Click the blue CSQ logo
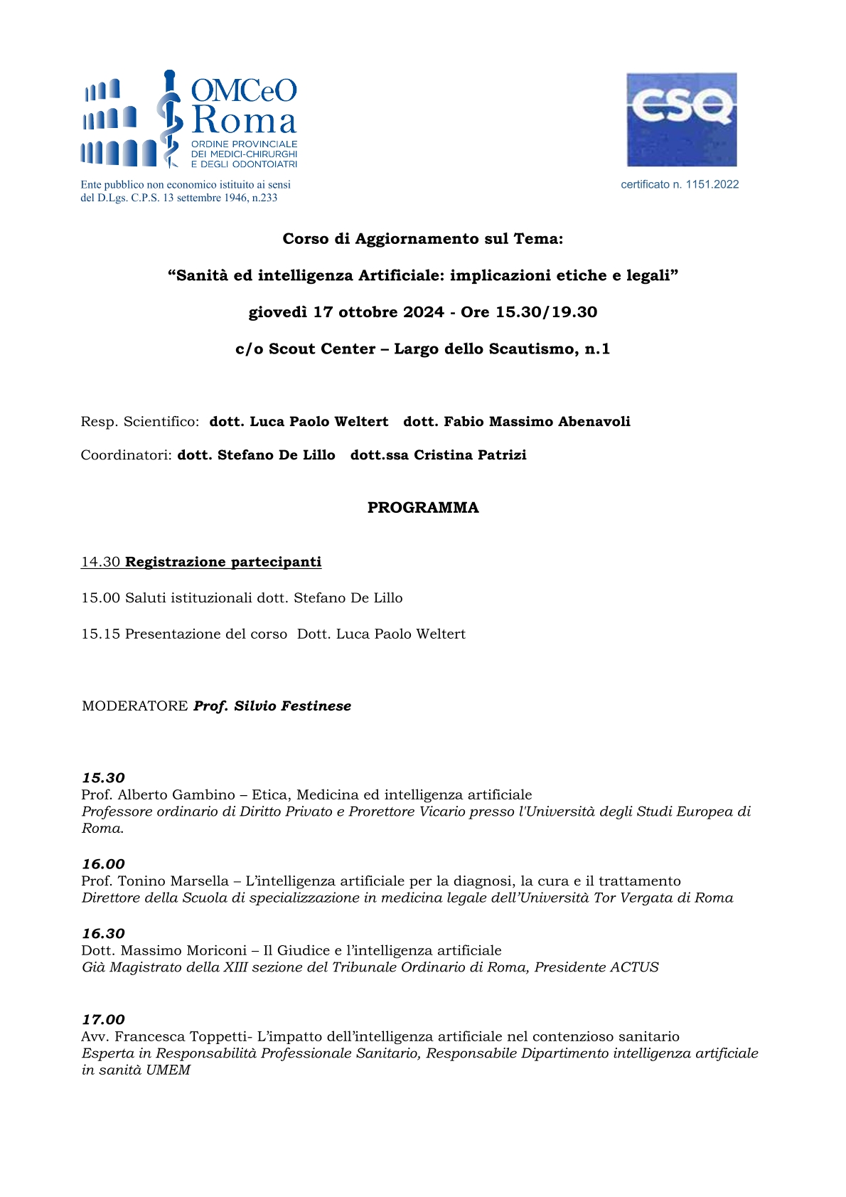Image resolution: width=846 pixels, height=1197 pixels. click(x=681, y=119)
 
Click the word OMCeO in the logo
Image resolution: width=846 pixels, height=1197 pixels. click(x=244, y=90)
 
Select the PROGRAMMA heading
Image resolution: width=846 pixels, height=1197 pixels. click(x=423, y=508)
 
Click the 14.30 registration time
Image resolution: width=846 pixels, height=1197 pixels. click(x=100, y=562)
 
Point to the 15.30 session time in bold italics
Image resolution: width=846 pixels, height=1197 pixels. click(x=103, y=778)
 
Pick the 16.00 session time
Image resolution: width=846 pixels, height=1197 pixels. click(x=103, y=864)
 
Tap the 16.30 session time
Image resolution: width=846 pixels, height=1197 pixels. click(x=103, y=934)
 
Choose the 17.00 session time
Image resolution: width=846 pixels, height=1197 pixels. click(x=103, y=1020)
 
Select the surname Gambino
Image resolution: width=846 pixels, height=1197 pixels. click(x=207, y=795)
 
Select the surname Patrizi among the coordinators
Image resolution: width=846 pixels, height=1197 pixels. click(x=499, y=455)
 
